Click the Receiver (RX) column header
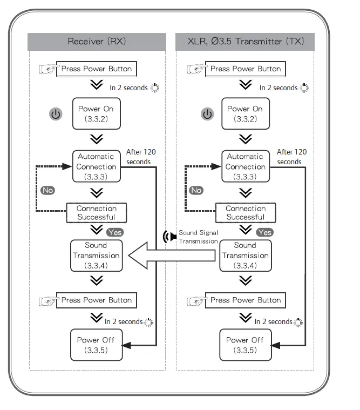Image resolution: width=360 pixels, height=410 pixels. point(97,42)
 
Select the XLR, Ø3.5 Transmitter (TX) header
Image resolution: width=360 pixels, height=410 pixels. point(245,42)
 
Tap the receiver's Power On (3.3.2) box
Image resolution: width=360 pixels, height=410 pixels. point(97,114)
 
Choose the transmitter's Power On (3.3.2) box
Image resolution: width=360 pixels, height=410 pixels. point(246,114)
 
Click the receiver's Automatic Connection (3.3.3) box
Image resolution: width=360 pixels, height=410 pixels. point(97,166)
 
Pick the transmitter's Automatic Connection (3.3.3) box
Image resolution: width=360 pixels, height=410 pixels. point(246,166)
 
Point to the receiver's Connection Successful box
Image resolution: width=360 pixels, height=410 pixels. point(97,213)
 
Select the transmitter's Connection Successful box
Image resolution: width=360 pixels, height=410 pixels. point(246,213)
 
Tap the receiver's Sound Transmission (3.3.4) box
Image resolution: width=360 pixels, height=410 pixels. point(97,256)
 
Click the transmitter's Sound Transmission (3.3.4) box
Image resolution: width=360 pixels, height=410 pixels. point(246,256)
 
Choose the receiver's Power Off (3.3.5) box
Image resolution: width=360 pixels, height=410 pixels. point(97,345)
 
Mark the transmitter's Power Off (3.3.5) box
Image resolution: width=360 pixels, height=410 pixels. point(246,345)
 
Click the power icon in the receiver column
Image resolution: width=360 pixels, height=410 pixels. point(56,114)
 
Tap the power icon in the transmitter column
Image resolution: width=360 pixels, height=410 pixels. point(207,114)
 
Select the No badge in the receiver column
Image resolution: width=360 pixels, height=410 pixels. point(48,190)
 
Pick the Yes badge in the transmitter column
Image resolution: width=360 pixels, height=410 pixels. point(265,232)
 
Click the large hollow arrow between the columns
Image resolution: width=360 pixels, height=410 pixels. point(172,256)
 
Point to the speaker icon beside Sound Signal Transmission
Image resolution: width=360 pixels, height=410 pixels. point(169,237)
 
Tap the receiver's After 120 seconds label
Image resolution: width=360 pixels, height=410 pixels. point(141,157)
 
